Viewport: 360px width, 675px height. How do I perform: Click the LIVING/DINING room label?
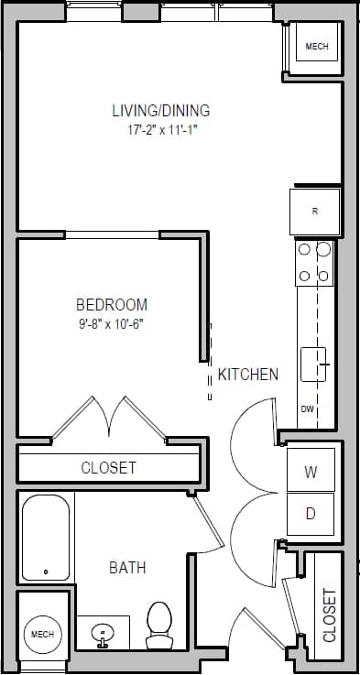(x=160, y=111)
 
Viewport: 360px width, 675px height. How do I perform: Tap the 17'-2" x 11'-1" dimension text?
(x=163, y=131)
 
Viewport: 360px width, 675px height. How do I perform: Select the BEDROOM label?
(x=111, y=305)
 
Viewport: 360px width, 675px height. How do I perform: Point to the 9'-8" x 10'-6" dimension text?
(x=111, y=323)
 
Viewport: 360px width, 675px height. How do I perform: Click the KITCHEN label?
(x=247, y=374)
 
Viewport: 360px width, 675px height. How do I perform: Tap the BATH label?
(x=127, y=568)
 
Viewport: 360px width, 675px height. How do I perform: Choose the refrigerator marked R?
(x=315, y=212)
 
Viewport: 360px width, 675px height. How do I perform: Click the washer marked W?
(x=311, y=473)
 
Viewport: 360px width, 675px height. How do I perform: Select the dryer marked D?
(x=311, y=514)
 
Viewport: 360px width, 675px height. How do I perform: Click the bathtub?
(x=46, y=538)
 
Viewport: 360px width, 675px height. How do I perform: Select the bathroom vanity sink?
(x=104, y=632)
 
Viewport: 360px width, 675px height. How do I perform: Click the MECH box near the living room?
(x=316, y=47)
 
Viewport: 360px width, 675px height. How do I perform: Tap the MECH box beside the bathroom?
(x=43, y=634)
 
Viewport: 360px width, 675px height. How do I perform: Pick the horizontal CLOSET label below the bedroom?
(x=108, y=468)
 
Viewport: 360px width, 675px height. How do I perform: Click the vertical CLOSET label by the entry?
(x=330, y=615)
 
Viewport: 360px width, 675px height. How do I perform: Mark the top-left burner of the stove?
(x=303, y=249)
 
